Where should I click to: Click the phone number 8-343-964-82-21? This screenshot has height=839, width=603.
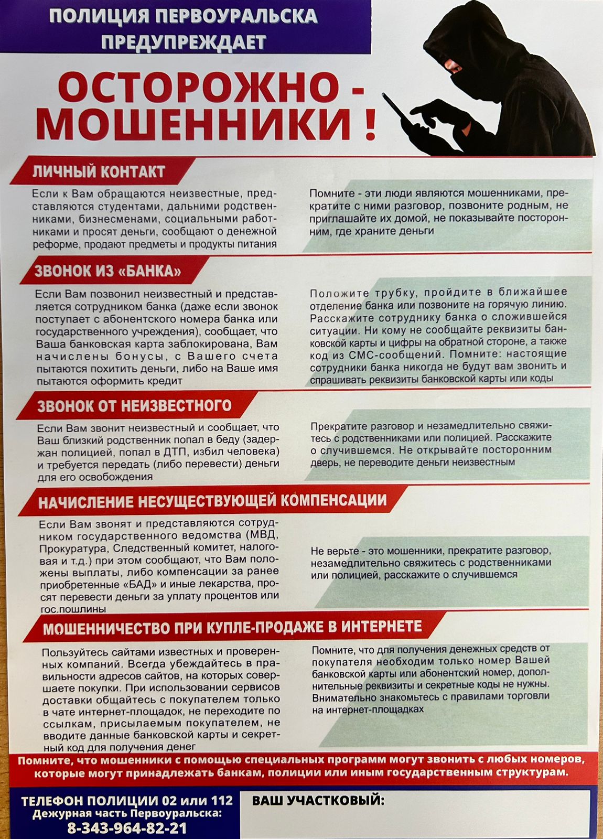(x=127, y=828)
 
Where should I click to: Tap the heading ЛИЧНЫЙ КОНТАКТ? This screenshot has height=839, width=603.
(x=99, y=171)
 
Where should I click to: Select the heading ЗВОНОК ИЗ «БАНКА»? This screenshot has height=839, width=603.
(x=107, y=271)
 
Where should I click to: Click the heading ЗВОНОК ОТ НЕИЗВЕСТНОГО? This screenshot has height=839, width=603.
(x=134, y=406)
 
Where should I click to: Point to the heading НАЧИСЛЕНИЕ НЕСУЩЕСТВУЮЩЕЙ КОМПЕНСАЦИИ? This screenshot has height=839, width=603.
(x=212, y=501)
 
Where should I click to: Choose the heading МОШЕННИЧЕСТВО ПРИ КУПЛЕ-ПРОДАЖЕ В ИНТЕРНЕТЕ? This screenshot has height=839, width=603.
(x=232, y=627)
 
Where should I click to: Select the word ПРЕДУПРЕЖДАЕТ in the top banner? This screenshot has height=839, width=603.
(x=184, y=42)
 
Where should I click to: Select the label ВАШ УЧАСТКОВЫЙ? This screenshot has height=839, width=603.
(x=318, y=800)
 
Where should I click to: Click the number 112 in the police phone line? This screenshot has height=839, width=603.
(x=222, y=801)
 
